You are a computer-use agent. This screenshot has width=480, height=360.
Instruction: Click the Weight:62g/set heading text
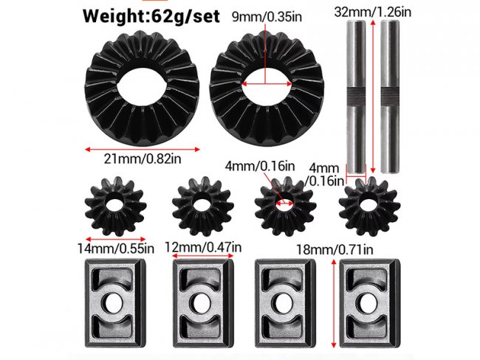pos(151,16)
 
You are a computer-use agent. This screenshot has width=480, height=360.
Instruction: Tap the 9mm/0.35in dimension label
pos(267,16)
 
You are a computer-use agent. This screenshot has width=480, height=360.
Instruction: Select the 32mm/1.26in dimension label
pos(372,12)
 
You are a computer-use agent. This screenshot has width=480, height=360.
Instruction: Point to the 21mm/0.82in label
pos(143,159)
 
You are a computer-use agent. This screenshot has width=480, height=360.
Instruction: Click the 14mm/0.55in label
pos(115,249)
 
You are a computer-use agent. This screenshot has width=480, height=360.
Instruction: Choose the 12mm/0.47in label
pos(203,247)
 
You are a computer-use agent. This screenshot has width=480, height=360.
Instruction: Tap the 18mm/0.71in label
pos(335,250)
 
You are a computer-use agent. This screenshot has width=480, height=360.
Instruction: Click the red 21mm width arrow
pos(143,149)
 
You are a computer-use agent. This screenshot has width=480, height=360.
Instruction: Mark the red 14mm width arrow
pos(116,239)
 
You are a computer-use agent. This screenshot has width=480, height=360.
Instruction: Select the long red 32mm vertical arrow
pos(372,97)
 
